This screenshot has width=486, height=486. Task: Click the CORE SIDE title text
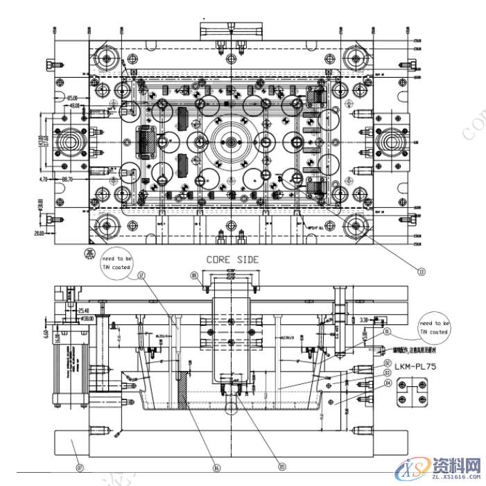232,260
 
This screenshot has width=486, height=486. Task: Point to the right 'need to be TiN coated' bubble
434,327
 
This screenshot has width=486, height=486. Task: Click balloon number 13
420,270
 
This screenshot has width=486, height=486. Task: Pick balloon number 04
388,382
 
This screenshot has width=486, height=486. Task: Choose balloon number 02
388,363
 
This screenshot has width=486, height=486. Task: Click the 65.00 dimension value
71,98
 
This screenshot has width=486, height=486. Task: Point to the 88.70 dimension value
67,180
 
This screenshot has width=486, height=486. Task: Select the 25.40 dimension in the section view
83,310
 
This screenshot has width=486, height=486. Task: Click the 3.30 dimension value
365,320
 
